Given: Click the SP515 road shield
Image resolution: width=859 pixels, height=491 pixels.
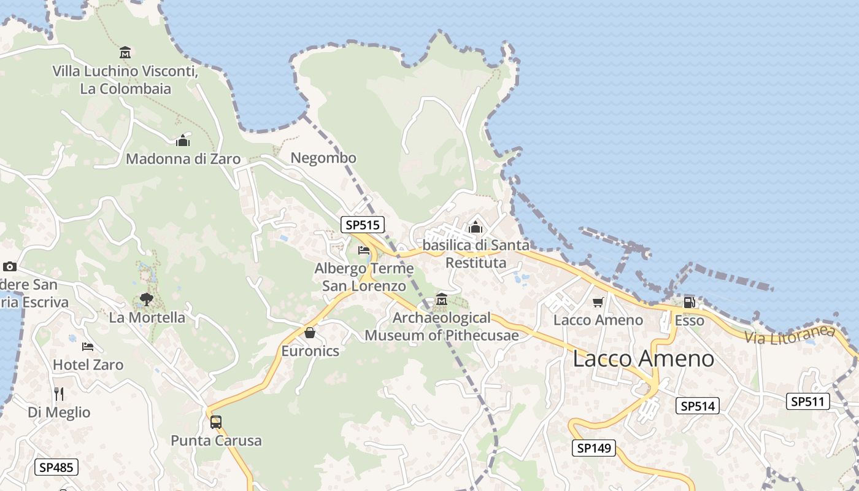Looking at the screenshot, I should click(x=363, y=225).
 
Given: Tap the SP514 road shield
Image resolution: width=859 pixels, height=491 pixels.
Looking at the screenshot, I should click(x=698, y=406).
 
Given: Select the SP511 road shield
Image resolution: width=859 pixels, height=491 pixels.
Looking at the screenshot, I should click(x=808, y=401).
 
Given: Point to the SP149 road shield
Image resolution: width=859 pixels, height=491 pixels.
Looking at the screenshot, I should click(x=594, y=448).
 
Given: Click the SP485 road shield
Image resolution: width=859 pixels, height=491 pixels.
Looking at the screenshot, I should click(x=56, y=467).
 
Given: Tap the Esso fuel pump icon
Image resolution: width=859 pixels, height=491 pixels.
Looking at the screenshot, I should click(x=689, y=302).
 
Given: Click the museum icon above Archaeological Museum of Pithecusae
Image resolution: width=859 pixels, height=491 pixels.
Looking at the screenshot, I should click(x=441, y=300).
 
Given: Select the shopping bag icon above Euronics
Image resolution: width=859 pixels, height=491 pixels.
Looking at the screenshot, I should click(x=310, y=333).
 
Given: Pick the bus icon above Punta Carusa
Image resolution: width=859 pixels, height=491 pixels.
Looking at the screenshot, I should click(x=216, y=422).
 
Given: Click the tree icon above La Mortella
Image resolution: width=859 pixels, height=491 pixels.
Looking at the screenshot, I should click(x=146, y=299).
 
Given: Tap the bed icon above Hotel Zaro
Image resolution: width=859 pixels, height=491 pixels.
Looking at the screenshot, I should click(x=88, y=347).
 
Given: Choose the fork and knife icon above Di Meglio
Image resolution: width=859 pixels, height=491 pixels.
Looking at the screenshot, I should click(x=59, y=393).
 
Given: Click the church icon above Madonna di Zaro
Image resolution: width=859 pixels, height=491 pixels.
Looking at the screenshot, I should click(x=183, y=141).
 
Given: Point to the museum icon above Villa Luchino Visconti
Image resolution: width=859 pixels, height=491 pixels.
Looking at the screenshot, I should click(x=125, y=52).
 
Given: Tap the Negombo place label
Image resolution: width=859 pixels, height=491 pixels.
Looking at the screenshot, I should click(x=323, y=158).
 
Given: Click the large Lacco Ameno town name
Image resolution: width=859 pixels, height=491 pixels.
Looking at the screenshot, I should click(x=643, y=359).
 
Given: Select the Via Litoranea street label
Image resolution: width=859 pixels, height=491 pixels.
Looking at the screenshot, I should click(x=790, y=334).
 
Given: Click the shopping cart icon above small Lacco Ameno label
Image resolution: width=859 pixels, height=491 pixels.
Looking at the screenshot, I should click(x=598, y=302).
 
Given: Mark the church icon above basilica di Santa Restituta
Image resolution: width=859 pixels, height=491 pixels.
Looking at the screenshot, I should click(x=476, y=227).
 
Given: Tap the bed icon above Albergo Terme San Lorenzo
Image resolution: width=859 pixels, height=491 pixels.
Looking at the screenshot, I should click(x=364, y=250).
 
